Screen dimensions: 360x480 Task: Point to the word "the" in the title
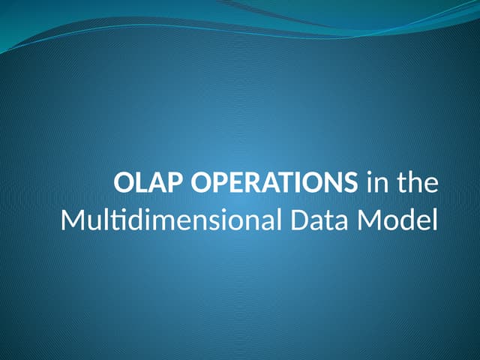click(x=417, y=184)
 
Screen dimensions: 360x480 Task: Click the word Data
click(x=302, y=223)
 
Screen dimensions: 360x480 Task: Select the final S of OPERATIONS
click(x=351, y=184)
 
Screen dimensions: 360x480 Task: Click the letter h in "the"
click(x=417, y=184)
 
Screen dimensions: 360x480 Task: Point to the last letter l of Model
click(x=433, y=221)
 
